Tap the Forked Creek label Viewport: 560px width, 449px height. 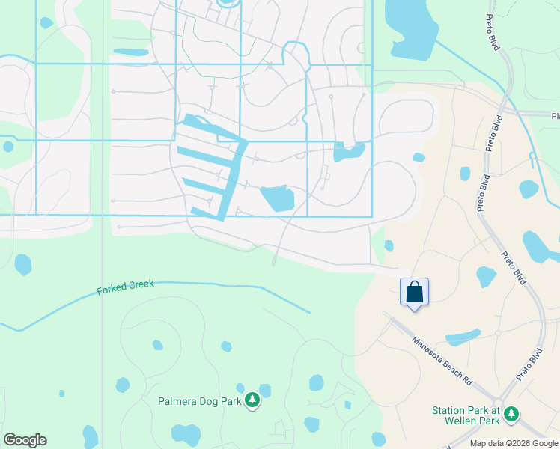coord(125,287)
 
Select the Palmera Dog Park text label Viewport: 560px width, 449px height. coord(199,401)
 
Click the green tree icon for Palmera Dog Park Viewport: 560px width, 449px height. coord(253,400)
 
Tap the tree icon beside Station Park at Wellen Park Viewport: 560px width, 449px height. coord(511,413)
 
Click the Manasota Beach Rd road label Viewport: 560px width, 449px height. coord(442,360)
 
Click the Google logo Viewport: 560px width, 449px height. coord(25,440)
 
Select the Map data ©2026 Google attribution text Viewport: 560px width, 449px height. coord(513,443)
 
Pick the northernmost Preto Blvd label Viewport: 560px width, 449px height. coord(493,133)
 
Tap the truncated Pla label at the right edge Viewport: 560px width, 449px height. coord(555,116)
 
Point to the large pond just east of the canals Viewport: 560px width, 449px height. coord(277,198)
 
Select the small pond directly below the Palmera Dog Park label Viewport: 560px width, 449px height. coord(186,434)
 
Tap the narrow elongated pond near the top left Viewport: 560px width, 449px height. coord(131,52)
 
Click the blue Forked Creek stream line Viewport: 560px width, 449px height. coord(225,285)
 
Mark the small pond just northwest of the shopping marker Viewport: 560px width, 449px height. coord(389,245)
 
